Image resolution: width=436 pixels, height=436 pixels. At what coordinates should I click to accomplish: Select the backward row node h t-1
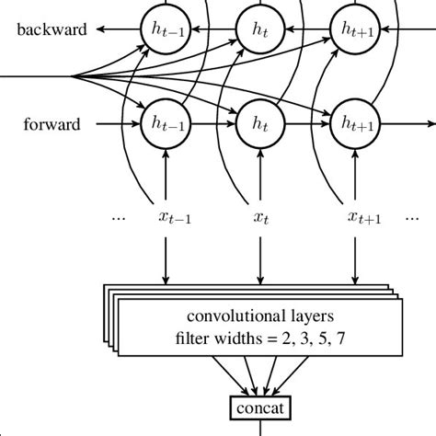point(163,29)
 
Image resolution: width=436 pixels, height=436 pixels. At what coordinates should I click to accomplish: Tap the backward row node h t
point(258,29)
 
